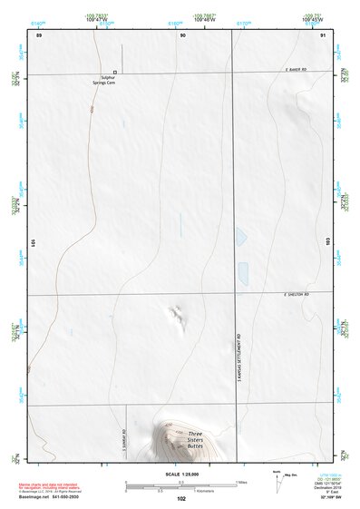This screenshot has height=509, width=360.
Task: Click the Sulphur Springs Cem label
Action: coord(112,81)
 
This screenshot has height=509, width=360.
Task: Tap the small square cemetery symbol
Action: coord(115,72)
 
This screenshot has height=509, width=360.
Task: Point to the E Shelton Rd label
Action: coord(296,294)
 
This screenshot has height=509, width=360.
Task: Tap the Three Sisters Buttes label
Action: coord(195,442)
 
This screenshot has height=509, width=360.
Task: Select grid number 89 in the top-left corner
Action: coord(38,34)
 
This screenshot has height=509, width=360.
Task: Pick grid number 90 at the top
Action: coord(183,34)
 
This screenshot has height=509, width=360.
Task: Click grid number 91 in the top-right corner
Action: coord(323,34)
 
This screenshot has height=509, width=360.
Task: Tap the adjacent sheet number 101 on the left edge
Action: coord(34,243)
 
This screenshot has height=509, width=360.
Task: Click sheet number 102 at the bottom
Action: coord(181,498)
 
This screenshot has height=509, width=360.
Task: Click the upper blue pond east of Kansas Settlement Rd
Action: coord(241,237)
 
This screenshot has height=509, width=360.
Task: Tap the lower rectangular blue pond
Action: coord(243,270)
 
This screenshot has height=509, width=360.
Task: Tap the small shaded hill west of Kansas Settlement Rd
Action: coord(175,315)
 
